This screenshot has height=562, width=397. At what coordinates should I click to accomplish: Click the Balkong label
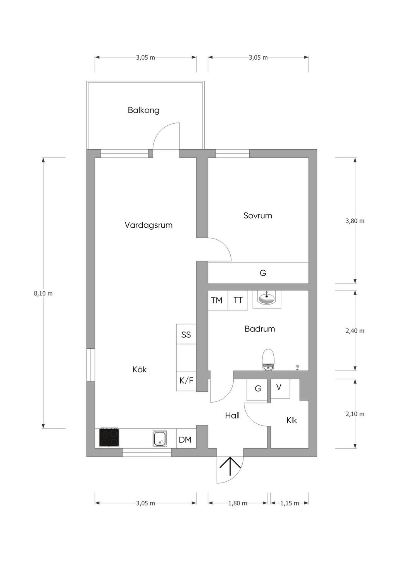pyautogui.click(x=143, y=110)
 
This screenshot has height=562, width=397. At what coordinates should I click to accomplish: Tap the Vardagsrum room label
pyautogui.click(x=148, y=225)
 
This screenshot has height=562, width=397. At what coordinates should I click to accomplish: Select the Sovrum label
pyautogui.click(x=258, y=215)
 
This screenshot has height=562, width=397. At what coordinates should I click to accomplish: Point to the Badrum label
pyautogui.click(x=260, y=329)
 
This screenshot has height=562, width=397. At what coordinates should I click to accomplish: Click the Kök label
pyautogui.click(x=140, y=370)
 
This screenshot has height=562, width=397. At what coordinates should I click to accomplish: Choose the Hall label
pyautogui.click(x=232, y=415)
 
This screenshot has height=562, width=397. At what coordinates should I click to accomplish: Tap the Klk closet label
pyautogui.click(x=292, y=420)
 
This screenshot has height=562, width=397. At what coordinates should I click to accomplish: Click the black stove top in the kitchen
pyautogui.click(x=109, y=437)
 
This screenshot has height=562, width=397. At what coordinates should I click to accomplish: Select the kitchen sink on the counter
pyautogui.click(x=160, y=438)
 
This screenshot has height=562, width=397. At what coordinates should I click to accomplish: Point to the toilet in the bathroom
pyautogui.click(x=268, y=359)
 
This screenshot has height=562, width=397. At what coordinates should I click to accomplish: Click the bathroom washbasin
pyautogui.click(x=267, y=298)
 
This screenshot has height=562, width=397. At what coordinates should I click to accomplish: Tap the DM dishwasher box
pyautogui.click(x=185, y=440)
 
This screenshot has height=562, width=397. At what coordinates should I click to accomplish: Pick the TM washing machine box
pyautogui.click(x=217, y=300)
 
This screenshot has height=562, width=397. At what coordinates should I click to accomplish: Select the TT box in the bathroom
pyautogui.click(x=238, y=300)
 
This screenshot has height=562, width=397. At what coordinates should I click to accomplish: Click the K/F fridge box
pyautogui.click(x=186, y=381)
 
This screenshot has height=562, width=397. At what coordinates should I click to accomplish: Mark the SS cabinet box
pyautogui.click(x=186, y=334)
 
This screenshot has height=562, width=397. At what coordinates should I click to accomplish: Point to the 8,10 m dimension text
pyautogui.click(x=43, y=294)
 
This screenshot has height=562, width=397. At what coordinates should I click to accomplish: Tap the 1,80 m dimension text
pyautogui.click(x=238, y=503)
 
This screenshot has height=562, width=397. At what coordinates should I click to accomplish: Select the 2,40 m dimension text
pyautogui.click(x=355, y=331)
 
